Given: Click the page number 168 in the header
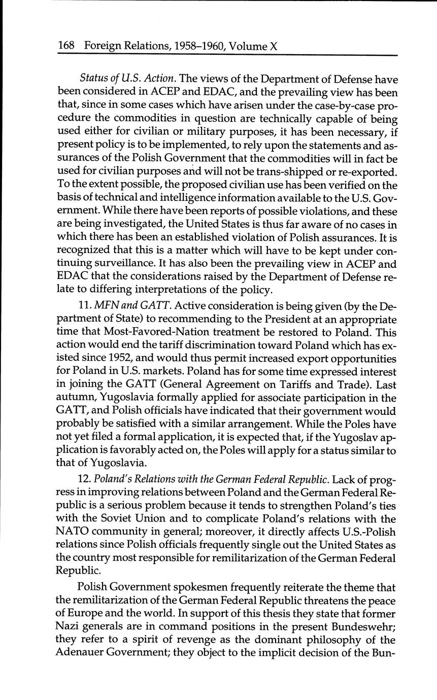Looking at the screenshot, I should tap(66, 46).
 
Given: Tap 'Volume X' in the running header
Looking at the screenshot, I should tap(253, 46).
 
